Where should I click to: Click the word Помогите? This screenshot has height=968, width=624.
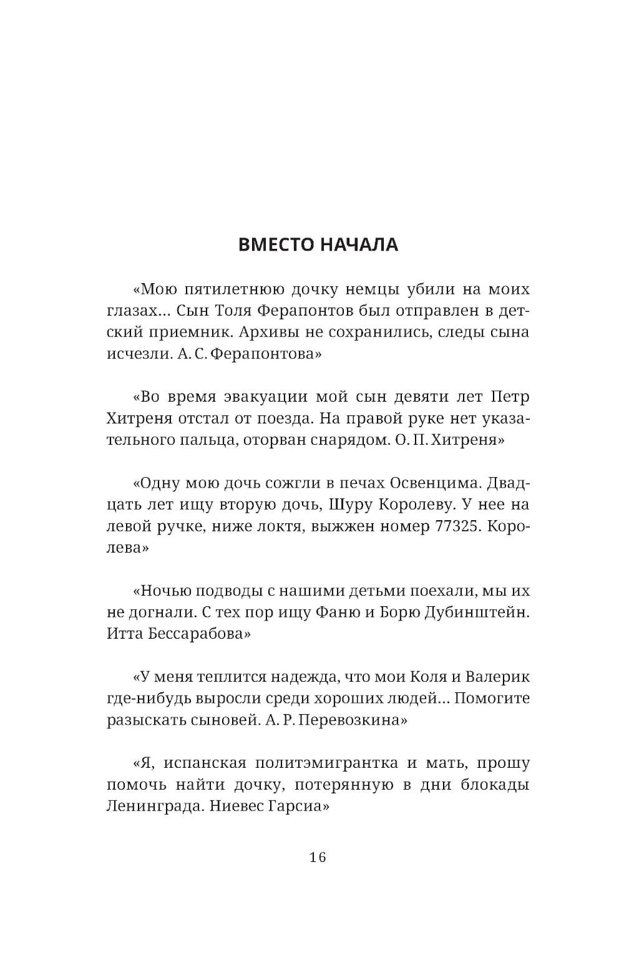(x=492, y=699)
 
